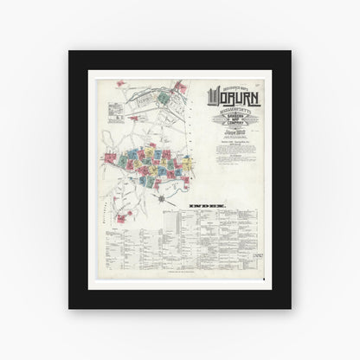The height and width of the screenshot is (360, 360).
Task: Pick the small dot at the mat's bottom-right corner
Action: (286, 299)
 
